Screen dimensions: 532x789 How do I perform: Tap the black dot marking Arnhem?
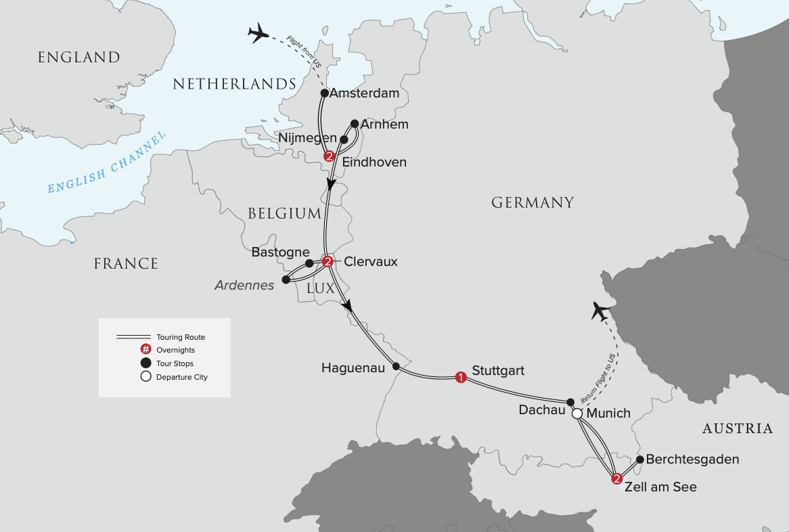coord(355,124)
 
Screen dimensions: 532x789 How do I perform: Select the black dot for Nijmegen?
coord(343,139)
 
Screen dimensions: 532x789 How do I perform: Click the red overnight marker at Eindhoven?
coord(330,156)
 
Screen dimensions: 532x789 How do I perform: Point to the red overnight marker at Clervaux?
coord(328,261)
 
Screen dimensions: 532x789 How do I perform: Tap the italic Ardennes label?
coord(244,285)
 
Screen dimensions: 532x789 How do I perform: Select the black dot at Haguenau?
coord(397,367)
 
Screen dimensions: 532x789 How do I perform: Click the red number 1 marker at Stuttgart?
coord(461,377)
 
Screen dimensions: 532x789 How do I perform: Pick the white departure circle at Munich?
coord(577,414)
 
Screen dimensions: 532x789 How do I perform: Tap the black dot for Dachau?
coord(570,401)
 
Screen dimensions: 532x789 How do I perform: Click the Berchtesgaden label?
coord(692,459)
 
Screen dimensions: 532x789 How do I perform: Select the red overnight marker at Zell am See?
coord(616,480)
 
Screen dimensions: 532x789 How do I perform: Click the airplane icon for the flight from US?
coord(258,33)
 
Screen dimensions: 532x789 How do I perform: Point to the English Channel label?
coord(107,164)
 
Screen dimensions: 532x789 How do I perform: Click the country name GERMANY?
coord(533,202)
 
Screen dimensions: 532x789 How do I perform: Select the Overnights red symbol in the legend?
coord(145,350)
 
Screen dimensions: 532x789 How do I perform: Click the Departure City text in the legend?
coord(181,377)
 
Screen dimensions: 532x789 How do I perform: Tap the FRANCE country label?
coord(126,263)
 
